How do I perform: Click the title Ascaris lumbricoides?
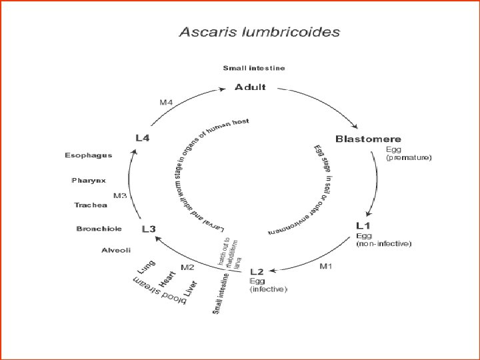tap(259, 32)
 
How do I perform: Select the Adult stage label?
tap(250, 87)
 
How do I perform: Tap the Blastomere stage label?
tap(368, 139)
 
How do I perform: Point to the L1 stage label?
tap(364, 227)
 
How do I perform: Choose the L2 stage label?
tap(257, 272)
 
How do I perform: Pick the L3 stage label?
tap(149, 229)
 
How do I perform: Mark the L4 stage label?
tap(143, 138)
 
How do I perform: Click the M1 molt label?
tap(326, 267)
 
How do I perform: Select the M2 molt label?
tap(187, 267)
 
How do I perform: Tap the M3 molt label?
tap(120, 196)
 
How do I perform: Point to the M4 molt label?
tap(166, 102)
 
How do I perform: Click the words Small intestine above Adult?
tap(253, 68)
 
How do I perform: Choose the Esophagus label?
tap(88, 155)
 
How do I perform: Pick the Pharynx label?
tap(89, 181)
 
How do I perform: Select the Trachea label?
tap(90, 205)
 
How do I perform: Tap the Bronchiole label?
tap(99, 229)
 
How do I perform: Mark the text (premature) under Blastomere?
tap(409, 158)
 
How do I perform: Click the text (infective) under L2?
tap(268, 289)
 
